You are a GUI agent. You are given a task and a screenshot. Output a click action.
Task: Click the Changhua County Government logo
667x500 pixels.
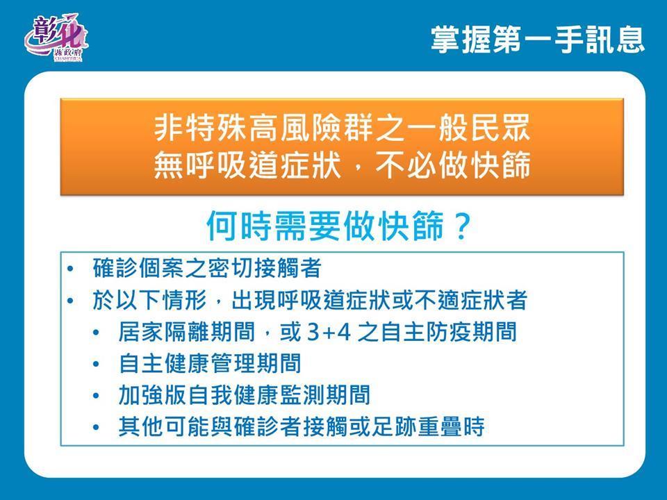(x=56, y=37)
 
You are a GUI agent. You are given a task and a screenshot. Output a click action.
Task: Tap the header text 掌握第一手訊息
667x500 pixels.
(x=538, y=40)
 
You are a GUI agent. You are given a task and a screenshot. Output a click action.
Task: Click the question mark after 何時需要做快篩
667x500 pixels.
(x=461, y=226)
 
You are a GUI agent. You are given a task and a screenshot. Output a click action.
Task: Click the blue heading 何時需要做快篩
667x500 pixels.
(x=325, y=226)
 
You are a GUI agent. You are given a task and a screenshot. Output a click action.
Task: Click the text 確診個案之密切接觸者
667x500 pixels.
(x=207, y=268)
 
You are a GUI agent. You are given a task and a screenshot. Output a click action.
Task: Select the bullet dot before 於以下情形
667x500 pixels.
(x=70, y=301)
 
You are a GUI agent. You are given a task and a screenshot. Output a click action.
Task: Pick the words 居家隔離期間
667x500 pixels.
(x=187, y=332)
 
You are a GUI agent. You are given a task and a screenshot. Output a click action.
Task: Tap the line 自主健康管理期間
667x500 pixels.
(x=210, y=363)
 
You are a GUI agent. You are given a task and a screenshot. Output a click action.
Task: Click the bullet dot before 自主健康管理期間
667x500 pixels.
(x=96, y=365)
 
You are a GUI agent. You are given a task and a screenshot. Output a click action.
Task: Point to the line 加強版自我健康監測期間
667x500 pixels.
(x=244, y=395)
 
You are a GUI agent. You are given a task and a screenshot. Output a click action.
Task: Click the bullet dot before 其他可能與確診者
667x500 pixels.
(x=96, y=427)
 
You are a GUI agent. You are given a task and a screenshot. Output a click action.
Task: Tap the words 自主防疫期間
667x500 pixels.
(x=449, y=332)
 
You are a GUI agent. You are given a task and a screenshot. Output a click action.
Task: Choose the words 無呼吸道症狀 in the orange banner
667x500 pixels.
(x=247, y=165)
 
